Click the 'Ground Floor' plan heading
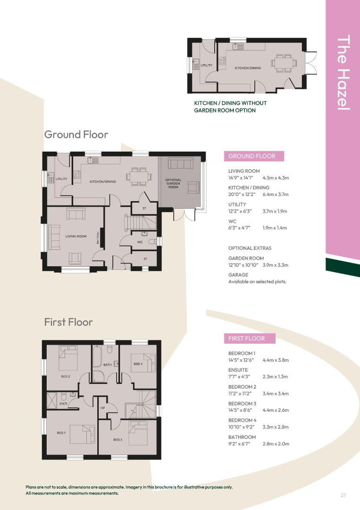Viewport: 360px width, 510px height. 76,134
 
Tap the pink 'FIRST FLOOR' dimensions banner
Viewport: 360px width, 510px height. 250,338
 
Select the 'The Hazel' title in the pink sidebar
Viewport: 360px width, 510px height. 343,72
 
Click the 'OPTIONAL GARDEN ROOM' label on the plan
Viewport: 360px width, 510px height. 173,183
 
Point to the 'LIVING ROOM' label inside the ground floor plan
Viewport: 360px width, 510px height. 76,236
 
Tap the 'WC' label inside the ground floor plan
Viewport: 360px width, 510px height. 140,242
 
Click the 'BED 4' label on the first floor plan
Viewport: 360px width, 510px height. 138,364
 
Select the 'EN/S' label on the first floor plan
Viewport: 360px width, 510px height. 63,404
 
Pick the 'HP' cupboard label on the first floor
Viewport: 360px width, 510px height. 103,408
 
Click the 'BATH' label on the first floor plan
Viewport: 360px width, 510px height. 107,365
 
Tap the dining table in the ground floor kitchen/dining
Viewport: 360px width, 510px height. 139,176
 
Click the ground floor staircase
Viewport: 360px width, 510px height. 140,222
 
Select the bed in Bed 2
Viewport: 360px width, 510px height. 68,358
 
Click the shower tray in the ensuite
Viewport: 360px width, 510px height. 51,400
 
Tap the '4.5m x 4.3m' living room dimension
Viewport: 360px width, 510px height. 276,178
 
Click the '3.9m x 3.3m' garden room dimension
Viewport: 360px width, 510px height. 275,265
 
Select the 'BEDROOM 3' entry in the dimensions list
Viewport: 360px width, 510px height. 242,403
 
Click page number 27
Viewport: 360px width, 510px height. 343,495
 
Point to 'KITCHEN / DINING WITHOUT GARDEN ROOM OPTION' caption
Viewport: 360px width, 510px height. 230,107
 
